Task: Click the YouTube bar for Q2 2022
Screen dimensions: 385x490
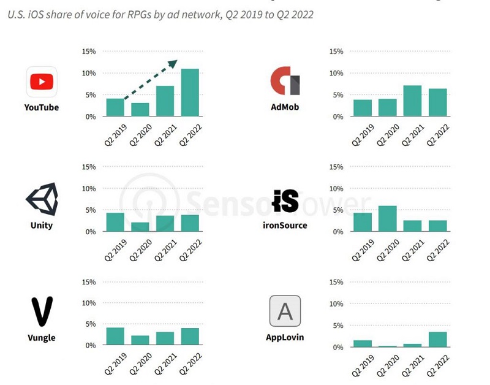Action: click(x=190, y=93)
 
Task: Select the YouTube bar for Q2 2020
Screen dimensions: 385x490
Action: click(x=140, y=109)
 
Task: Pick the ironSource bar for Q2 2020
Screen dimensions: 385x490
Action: click(x=387, y=218)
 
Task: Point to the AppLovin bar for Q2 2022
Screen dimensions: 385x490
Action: click(x=437, y=340)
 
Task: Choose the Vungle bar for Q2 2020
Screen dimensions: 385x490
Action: click(x=140, y=340)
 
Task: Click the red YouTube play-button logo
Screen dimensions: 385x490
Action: click(x=42, y=82)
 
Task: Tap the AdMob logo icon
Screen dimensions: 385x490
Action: click(x=285, y=81)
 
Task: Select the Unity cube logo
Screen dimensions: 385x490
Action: click(x=42, y=199)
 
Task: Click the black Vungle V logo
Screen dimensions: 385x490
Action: click(x=42, y=311)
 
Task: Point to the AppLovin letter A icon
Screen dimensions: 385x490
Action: click(x=285, y=311)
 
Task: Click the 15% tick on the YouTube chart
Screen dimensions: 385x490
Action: click(x=89, y=51)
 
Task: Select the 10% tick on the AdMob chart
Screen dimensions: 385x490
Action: click(x=336, y=73)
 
